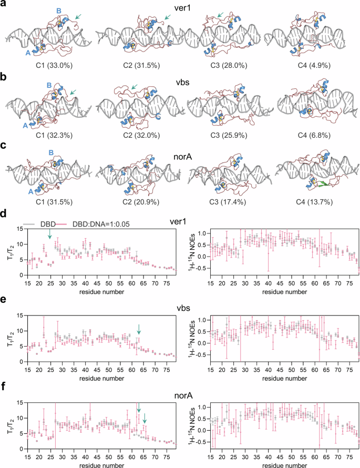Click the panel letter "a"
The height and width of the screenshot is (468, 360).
(x=4, y=5)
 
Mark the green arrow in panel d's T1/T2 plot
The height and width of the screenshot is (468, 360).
(x=50, y=233)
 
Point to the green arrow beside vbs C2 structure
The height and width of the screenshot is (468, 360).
(x=135, y=87)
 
